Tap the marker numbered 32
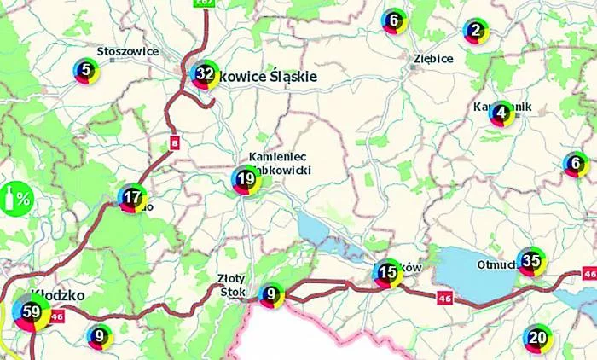click(204, 74)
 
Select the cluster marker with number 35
click(531, 261)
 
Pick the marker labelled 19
click(246, 179)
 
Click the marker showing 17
click(131, 198)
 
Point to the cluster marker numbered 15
click(387, 274)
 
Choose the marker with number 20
click(536, 338)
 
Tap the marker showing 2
click(475, 32)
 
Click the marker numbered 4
click(501, 112)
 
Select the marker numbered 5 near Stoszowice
click(85, 71)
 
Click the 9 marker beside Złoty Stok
click(270, 295)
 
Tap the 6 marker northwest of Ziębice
click(392, 20)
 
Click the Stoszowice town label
click(128, 51)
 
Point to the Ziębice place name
click(432, 59)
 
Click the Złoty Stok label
click(231, 283)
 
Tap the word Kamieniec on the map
click(277, 158)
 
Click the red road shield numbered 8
click(174, 141)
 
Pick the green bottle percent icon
click(15, 200)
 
